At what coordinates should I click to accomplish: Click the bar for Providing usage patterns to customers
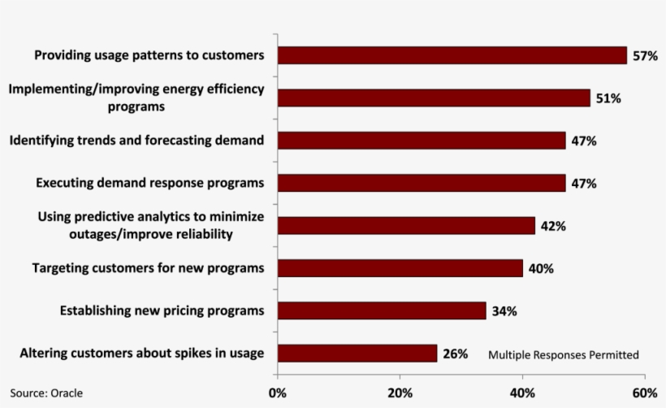(x=452, y=55)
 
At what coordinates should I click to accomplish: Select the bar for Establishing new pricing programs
(x=382, y=310)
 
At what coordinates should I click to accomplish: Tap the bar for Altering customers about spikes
(x=357, y=354)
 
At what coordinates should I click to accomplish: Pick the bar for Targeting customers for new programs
(x=400, y=268)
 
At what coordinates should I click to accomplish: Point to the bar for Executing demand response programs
(x=422, y=183)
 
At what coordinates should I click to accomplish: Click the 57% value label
(x=645, y=56)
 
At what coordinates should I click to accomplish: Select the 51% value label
(x=608, y=98)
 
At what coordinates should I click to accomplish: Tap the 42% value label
(x=553, y=226)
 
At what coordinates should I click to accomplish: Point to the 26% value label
(x=456, y=354)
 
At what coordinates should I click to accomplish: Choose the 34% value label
(x=504, y=311)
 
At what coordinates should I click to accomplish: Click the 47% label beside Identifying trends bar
(x=584, y=141)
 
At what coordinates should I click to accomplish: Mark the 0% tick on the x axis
(x=277, y=393)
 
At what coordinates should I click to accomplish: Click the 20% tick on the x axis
(x=400, y=393)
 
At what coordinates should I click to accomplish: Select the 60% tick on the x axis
(x=645, y=393)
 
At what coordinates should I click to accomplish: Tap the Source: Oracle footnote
(x=46, y=393)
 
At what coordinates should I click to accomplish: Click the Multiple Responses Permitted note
(x=563, y=355)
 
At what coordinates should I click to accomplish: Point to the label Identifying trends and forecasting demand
(x=136, y=141)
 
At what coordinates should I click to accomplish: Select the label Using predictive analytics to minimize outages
(x=151, y=225)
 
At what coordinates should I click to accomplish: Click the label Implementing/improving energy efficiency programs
(x=136, y=98)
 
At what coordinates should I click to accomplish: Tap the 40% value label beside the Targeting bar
(x=541, y=268)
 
